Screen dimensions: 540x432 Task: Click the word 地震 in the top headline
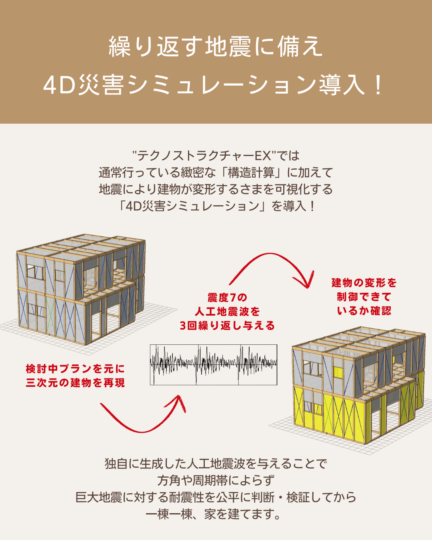(228, 46)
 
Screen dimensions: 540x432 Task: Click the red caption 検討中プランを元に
(75, 368)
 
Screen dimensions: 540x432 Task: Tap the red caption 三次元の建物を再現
(75, 383)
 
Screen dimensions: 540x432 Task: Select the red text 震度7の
(227, 298)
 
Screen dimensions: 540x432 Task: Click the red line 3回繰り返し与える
(227, 326)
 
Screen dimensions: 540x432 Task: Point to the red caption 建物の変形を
(364, 283)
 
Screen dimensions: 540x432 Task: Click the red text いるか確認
(364, 311)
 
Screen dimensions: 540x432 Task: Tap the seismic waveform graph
(213, 364)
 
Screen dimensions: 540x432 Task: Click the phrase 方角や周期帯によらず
(216, 480)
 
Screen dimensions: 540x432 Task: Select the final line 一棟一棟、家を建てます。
(214, 514)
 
